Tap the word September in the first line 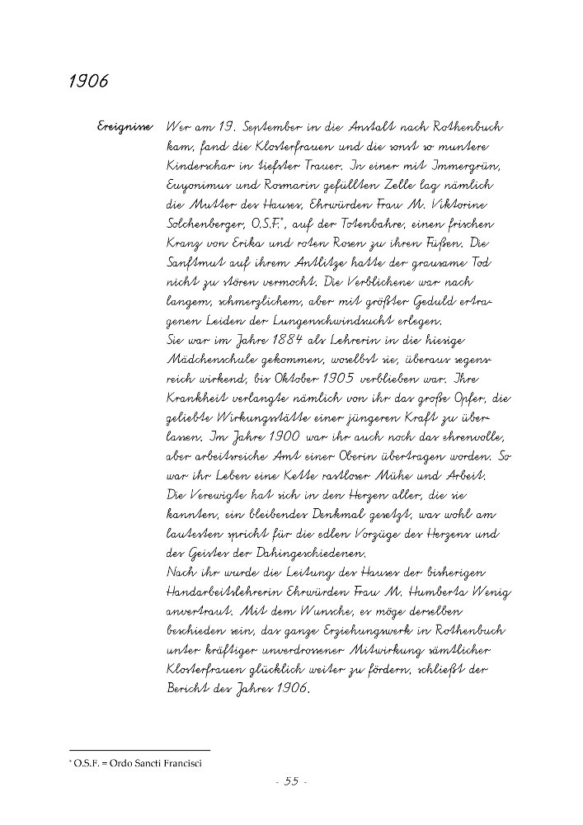coord(271,129)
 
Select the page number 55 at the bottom coord(290,783)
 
